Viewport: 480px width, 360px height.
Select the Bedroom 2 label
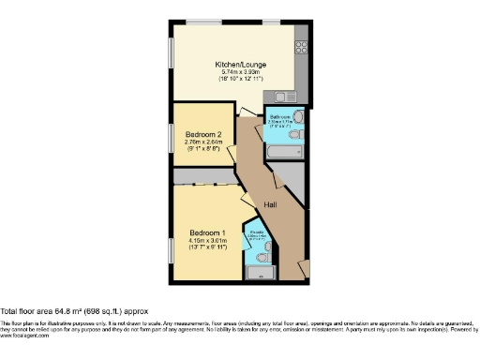203,133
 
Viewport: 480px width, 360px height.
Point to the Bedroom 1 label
208,232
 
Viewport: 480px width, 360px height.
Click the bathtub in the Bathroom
281,150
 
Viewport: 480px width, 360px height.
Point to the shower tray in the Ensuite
255,273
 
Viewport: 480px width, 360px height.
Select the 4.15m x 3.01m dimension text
208,241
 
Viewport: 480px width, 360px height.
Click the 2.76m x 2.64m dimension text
203,142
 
